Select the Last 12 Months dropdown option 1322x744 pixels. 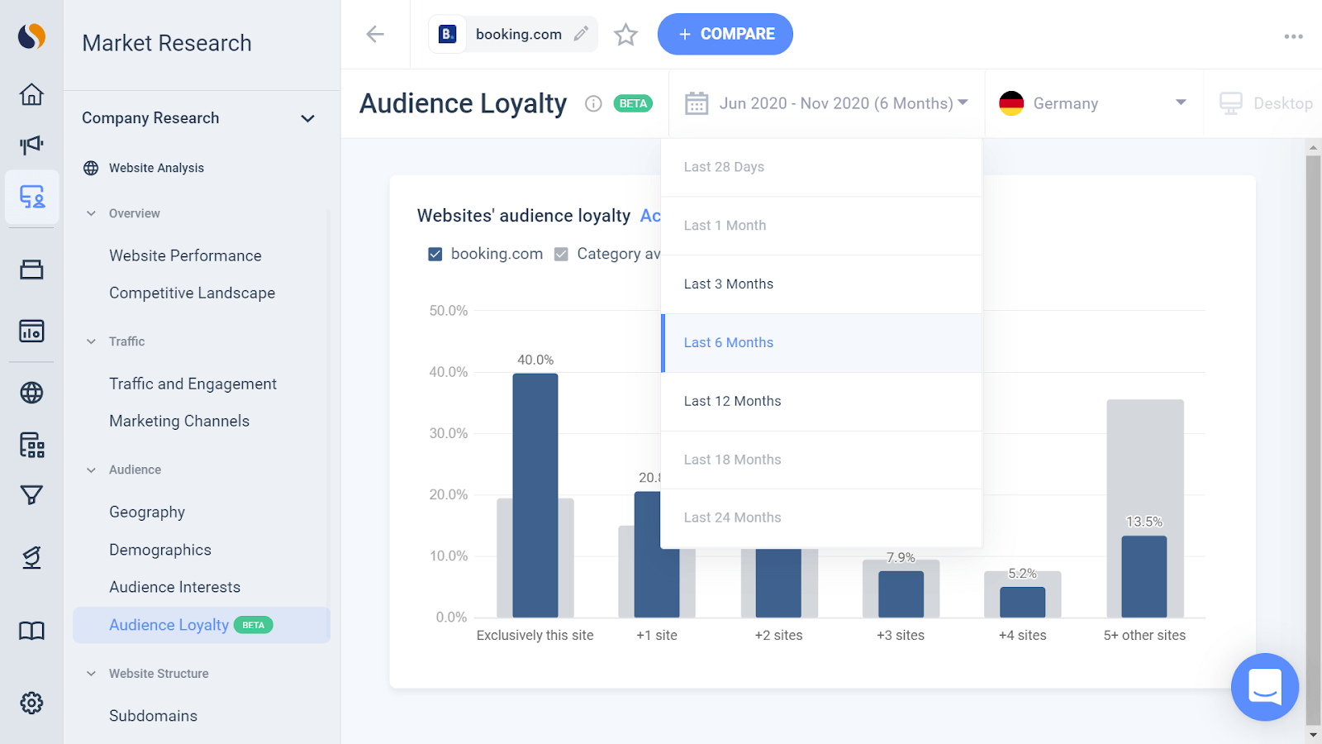tap(732, 401)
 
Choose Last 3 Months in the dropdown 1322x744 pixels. tap(728, 284)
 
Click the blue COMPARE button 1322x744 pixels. tap(725, 34)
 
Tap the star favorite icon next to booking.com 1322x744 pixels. tap(625, 35)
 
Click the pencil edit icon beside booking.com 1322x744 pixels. tap(581, 34)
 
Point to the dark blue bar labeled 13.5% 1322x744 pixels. tap(1144, 576)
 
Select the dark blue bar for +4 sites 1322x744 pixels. tap(1022, 602)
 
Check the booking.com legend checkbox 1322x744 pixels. tap(435, 254)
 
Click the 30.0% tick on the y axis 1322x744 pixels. tap(448, 433)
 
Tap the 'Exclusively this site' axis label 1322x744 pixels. tap(535, 635)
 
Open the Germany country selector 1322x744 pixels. tap(1092, 103)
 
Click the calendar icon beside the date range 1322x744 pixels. tap(697, 103)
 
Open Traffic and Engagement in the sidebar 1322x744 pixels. tap(193, 384)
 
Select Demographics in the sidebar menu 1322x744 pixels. tap(160, 550)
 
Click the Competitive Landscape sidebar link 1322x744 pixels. tap(192, 293)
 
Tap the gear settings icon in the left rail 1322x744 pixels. tap(31, 703)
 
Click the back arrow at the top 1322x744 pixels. tap(375, 34)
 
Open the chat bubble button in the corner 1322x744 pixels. tap(1264, 686)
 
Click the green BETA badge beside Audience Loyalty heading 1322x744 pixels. tap(633, 103)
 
